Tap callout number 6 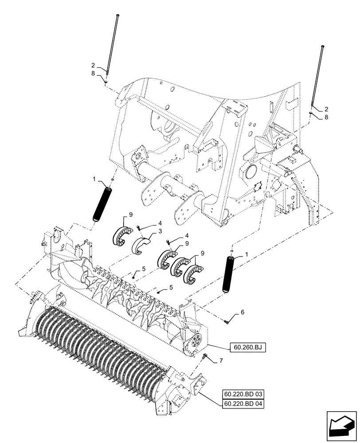(242, 312)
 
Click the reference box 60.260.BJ (247, 347)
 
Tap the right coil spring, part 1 (231, 274)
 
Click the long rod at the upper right (318, 78)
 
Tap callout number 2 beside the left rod (93, 64)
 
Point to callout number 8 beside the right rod (327, 117)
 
